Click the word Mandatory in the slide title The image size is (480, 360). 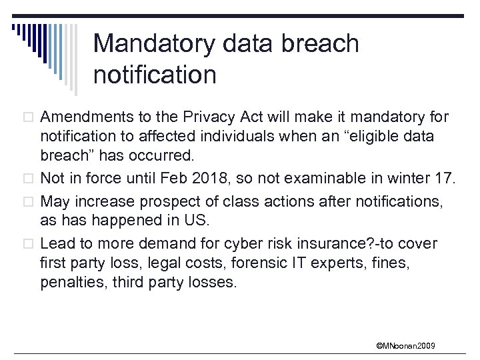pos(154,44)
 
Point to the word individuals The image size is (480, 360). pos(238,137)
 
